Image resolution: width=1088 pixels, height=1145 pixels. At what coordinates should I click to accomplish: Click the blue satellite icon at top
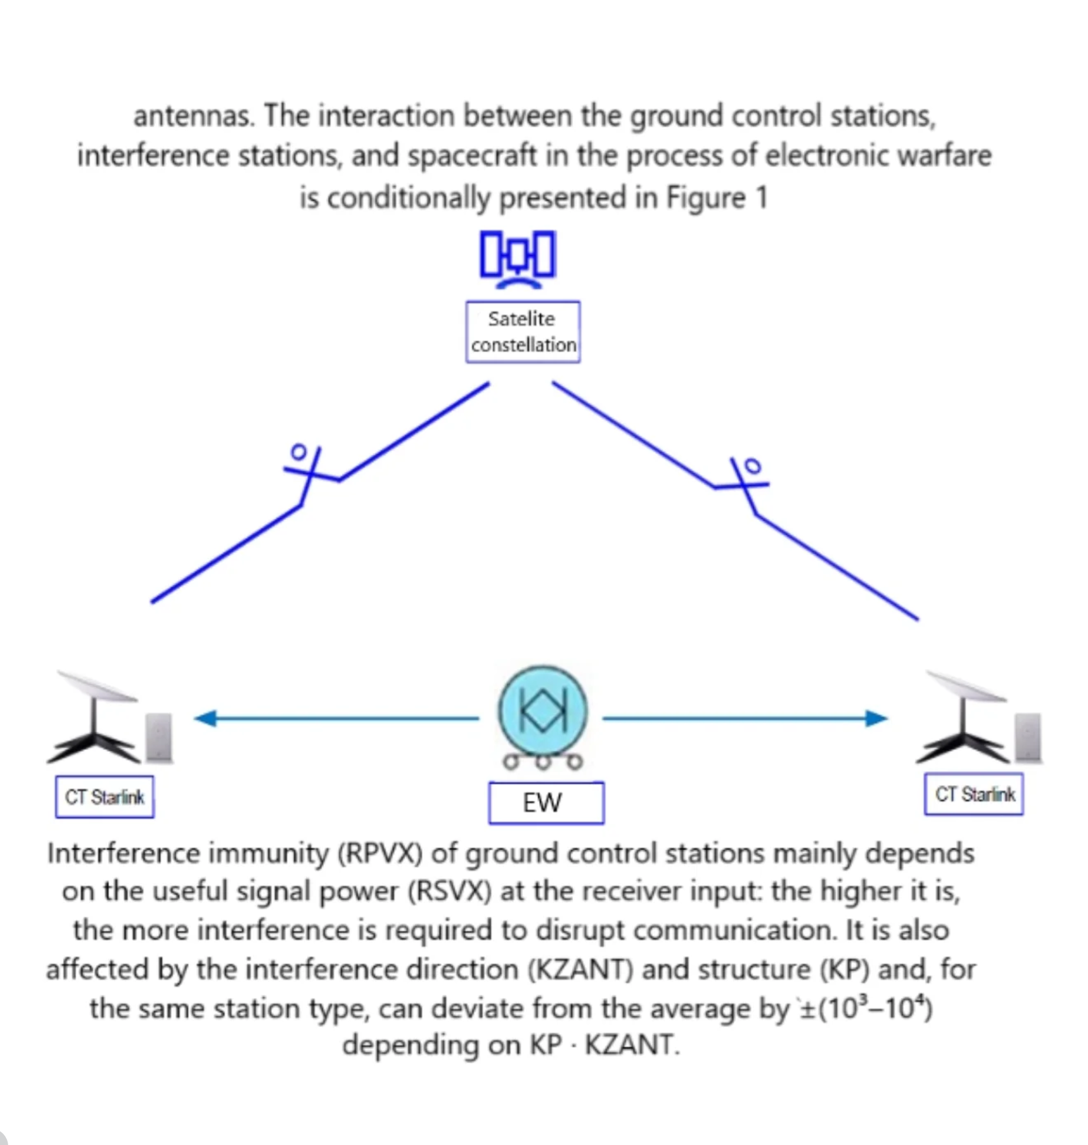(x=517, y=258)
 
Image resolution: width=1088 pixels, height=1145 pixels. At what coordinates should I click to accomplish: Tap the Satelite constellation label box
(x=523, y=332)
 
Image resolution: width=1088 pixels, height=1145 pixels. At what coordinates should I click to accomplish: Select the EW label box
(x=545, y=803)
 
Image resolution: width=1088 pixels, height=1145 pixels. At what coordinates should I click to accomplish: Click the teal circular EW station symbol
(x=542, y=711)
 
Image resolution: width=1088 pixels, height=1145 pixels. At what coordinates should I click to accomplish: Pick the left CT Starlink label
(x=105, y=797)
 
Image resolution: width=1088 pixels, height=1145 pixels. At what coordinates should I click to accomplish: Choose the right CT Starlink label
(x=974, y=795)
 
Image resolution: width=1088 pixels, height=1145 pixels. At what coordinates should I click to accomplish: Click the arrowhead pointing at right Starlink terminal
(x=876, y=718)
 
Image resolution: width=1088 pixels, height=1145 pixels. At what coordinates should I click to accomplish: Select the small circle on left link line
(x=299, y=452)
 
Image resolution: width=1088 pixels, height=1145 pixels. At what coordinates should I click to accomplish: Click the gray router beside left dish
(x=159, y=738)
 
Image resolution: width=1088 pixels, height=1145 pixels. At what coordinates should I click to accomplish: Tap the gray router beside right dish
(x=1028, y=738)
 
